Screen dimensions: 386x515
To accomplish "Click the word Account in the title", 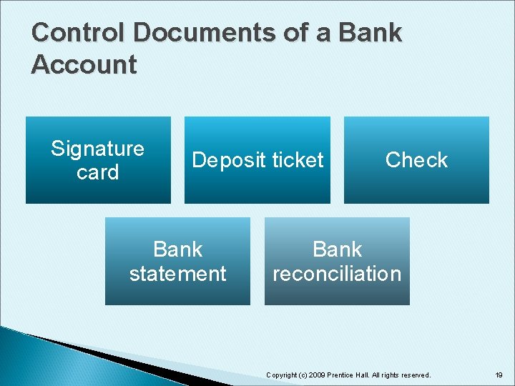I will point(84,65).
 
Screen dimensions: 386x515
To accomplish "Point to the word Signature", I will point(97,149).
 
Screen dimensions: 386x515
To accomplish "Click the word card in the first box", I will point(97,172).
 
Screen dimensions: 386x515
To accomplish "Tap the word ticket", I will point(294,161).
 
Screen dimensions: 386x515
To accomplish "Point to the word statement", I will point(178,274).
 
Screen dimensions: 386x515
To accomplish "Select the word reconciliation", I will point(337,274).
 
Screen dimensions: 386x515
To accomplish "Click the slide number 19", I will point(499,375).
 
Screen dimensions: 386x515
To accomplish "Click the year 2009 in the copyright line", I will point(315,375).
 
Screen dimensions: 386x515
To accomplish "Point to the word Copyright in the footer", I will point(282,375).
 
